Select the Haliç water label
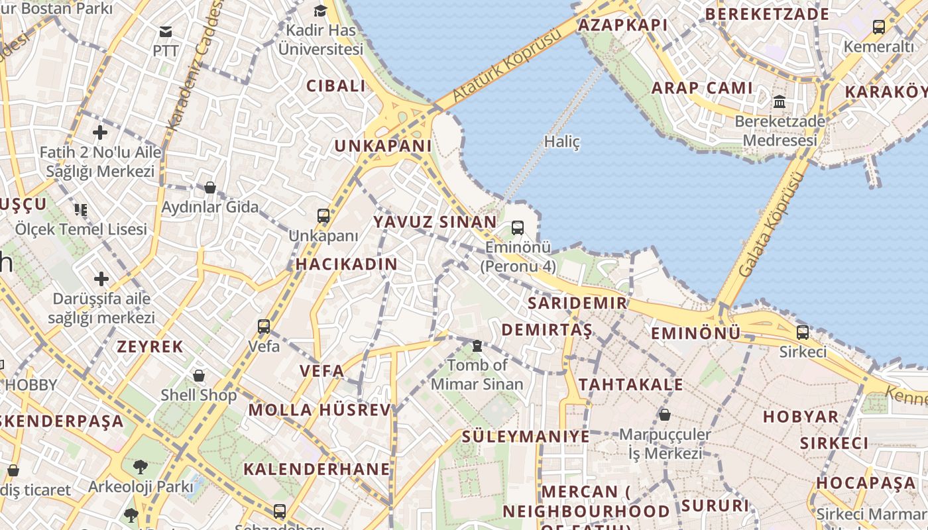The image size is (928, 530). tap(561, 141)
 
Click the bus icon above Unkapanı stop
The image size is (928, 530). tap(323, 216)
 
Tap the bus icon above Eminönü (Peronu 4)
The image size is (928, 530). tap(518, 228)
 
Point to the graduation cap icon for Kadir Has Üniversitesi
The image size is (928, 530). tap(321, 11)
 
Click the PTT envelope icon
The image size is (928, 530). tap(165, 31)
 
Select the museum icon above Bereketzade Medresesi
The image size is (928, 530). tap(780, 102)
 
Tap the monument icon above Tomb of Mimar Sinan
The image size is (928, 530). tap(477, 346)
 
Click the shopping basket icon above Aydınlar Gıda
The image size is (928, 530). tap(210, 187)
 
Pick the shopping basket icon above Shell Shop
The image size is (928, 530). tap(199, 376)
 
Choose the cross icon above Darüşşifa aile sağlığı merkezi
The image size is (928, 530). tap(101, 279)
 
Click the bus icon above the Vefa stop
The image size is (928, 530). tap(264, 326)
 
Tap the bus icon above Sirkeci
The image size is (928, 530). tap(802, 332)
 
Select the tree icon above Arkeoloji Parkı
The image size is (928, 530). tap(141, 467)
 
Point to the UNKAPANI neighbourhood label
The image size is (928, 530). tap(383, 146)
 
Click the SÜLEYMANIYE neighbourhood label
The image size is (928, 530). tap(526, 437)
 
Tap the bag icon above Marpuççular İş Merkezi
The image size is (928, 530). tap(664, 415)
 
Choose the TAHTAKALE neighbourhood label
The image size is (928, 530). tap(630, 385)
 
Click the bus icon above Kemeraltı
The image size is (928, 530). tap(878, 27)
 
